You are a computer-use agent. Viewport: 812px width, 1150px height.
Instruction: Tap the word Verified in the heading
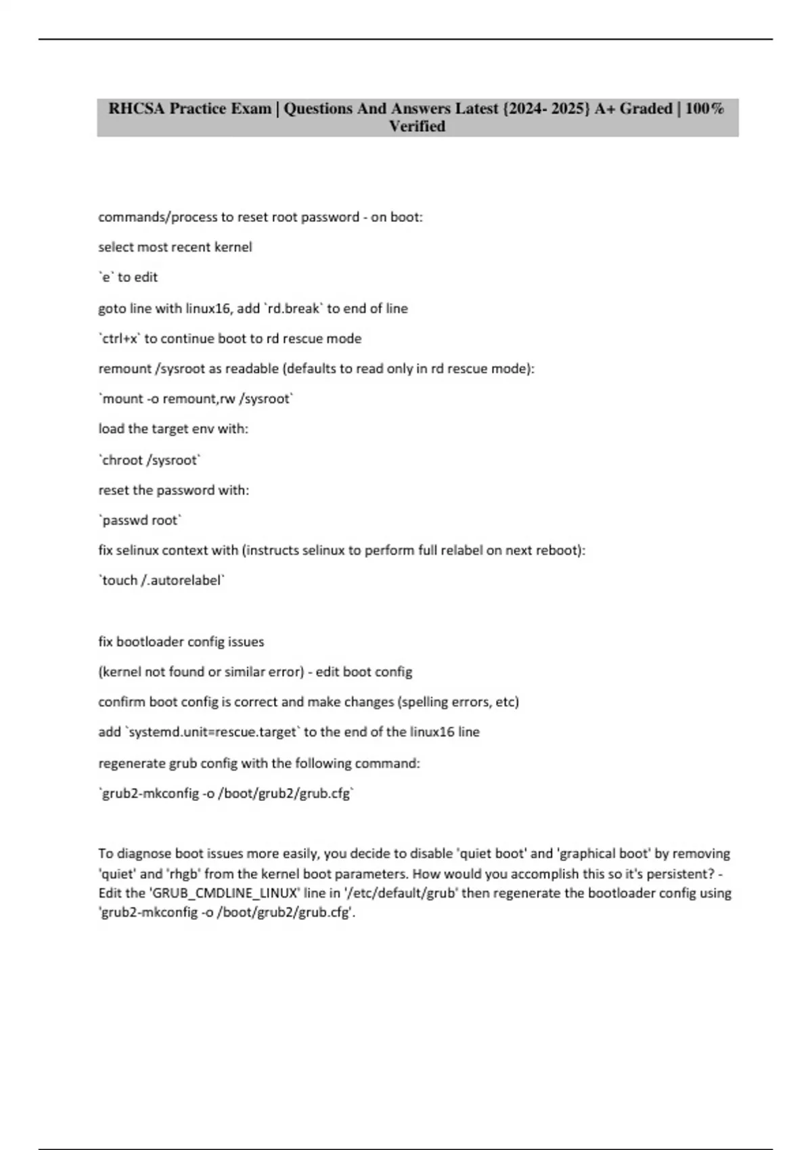[x=417, y=127]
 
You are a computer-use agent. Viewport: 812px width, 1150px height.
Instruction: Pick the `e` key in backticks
[x=106, y=277]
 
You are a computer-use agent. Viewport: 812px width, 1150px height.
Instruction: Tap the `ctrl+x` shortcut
[x=119, y=338]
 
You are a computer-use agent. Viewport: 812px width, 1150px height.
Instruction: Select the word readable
[x=251, y=369]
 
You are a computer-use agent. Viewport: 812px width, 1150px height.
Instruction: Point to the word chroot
[x=122, y=460]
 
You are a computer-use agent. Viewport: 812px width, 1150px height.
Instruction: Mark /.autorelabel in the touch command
[x=182, y=580]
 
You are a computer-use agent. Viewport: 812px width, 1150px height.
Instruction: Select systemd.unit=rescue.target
[x=212, y=732]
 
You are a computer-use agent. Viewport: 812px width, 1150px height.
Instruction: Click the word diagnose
[x=145, y=854]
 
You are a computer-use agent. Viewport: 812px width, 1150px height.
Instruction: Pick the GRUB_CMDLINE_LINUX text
[x=224, y=893]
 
